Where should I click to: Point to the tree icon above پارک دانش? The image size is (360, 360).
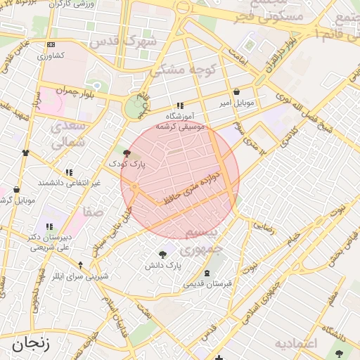coord(164,255)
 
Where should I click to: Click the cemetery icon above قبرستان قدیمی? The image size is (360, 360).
coord(207,274)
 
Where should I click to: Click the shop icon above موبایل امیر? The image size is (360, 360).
coord(236,91)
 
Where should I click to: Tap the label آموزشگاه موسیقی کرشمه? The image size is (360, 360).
coord(184,121)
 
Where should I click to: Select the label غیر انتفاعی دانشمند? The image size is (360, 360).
coord(70,183)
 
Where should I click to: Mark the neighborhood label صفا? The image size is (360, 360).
coord(93,211)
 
